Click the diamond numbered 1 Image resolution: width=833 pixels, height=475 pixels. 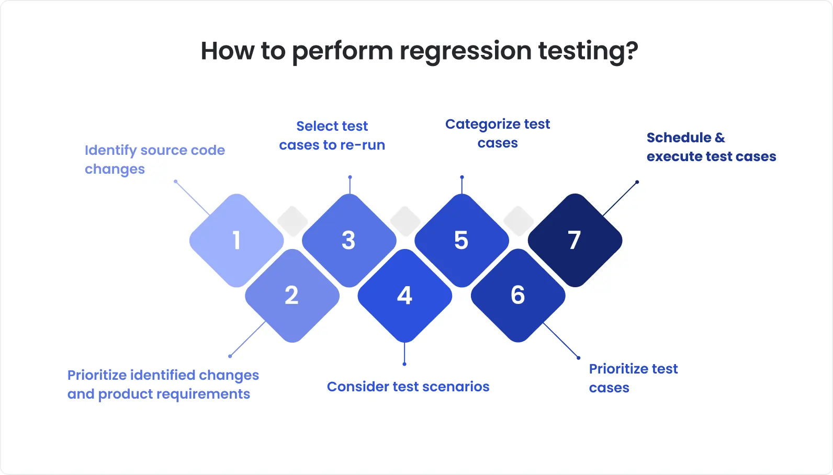[x=237, y=240]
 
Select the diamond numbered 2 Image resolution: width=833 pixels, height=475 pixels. [x=292, y=296]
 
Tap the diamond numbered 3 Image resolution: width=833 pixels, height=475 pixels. [x=349, y=240]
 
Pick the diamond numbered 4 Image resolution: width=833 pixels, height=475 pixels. [x=404, y=296]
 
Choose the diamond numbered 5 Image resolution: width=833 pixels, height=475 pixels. [x=461, y=240]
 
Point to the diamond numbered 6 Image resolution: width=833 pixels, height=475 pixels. [x=518, y=296]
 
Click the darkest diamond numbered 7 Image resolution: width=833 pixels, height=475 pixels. [x=575, y=240]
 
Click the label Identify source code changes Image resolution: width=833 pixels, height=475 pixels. [x=154, y=159]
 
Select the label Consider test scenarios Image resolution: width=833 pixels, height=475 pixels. [x=408, y=387]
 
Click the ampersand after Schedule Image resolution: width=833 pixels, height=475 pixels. [x=720, y=138]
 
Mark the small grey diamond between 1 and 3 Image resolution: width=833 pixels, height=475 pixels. [x=292, y=221]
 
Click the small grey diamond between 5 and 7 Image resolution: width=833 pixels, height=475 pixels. [x=519, y=221]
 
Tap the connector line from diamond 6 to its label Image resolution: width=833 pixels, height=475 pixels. [x=561, y=341]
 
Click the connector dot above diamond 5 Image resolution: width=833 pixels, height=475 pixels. [x=461, y=177]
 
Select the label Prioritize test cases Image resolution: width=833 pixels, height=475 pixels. [x=633, y=378]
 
